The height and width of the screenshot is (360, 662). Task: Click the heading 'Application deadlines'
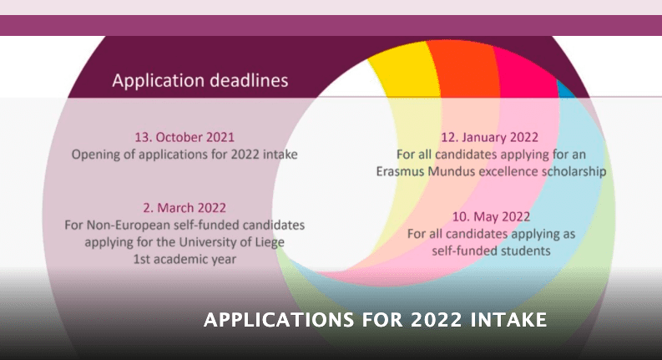point(200,80)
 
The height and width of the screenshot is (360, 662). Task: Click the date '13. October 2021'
point(184,137)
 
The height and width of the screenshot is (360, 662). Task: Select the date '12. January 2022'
point(490,137)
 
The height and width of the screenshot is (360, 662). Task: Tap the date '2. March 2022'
point(184,208)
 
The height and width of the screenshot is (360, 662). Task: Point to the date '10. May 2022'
point(491,217)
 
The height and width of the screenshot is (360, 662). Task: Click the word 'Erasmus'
point(400,171)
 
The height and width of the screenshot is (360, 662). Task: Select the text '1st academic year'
point(184,259)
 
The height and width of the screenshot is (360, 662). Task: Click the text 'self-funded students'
point(491,251)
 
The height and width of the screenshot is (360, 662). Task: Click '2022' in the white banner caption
point(436,320)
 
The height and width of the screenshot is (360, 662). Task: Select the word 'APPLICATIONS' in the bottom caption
point(279,320)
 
